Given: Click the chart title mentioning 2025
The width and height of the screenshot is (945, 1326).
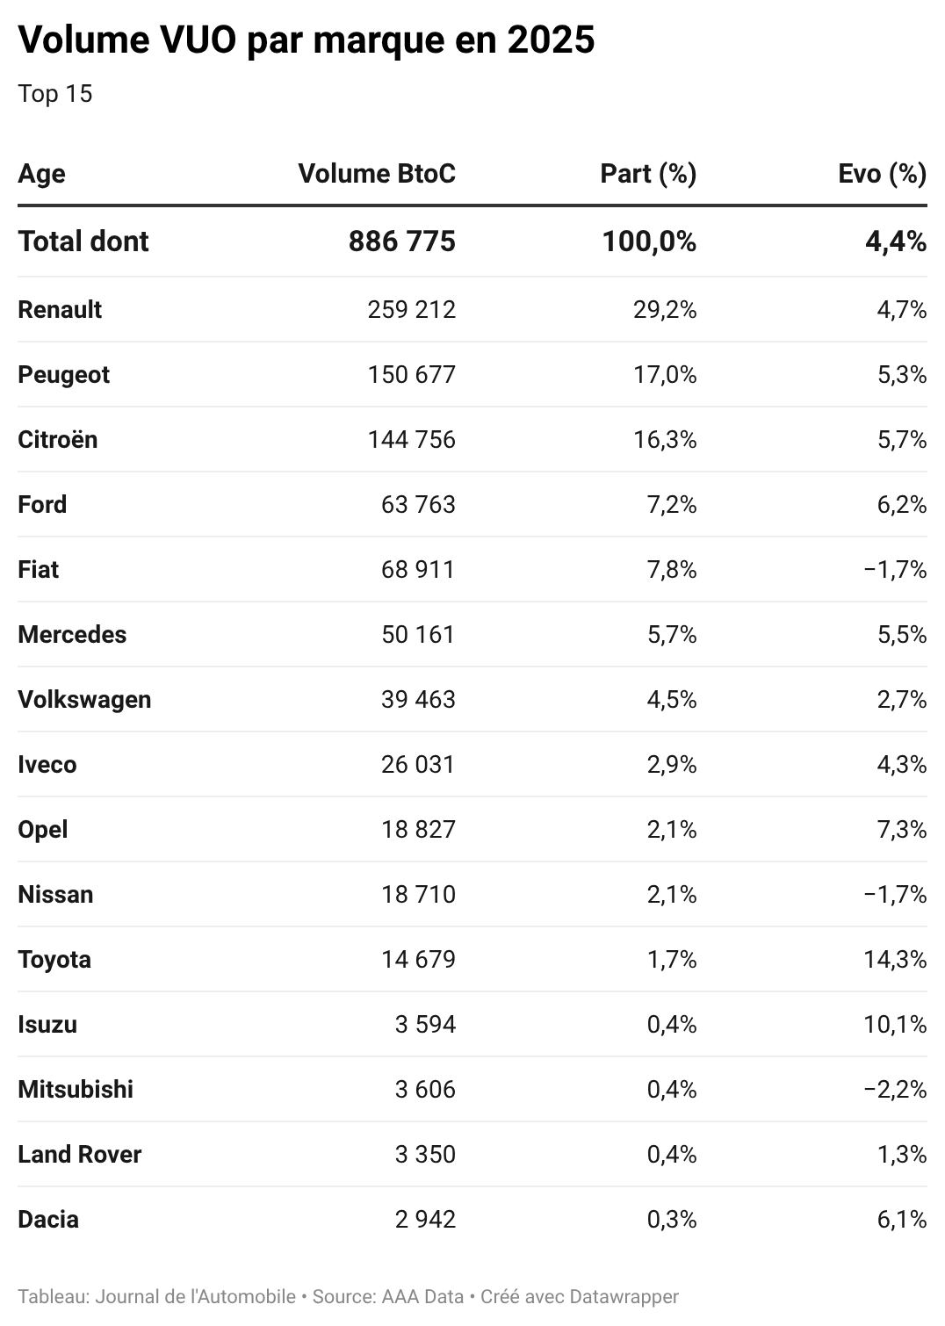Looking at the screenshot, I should [307, 40].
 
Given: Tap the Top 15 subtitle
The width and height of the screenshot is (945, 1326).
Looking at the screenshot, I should [54, 94].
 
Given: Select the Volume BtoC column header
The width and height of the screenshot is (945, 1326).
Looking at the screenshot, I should [377, 173].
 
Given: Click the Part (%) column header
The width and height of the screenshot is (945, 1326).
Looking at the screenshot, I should [648, 173].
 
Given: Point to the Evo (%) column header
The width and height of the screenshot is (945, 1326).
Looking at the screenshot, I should [882, 173].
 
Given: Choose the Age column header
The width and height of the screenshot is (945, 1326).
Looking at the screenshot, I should [41, 173].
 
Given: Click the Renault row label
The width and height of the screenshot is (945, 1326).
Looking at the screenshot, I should [60, 309].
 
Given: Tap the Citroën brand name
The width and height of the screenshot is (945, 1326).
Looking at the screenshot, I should [58, 439].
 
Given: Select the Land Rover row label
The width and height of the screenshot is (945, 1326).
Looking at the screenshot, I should [79, 1154].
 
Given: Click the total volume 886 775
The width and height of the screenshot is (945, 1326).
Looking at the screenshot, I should [401, 241].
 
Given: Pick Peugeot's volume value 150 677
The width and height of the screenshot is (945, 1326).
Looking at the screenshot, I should [411, 374].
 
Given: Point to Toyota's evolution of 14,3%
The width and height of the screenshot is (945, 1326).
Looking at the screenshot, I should [895, 959].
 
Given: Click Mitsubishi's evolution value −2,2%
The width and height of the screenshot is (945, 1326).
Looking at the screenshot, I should [895, 1089].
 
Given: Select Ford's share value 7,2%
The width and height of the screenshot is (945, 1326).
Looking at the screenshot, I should [672, 504].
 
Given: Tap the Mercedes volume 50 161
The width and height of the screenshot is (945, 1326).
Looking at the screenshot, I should [418, 634].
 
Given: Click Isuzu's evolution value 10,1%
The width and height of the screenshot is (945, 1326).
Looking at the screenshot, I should [895, 1024].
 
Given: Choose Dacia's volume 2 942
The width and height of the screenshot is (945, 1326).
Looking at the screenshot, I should [425, 1219].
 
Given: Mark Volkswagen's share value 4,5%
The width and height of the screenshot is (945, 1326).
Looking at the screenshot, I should [672, 699].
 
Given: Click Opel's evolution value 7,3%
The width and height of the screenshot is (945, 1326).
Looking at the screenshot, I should [902, 829].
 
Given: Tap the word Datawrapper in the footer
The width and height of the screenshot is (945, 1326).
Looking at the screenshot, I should [624, 1296].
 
